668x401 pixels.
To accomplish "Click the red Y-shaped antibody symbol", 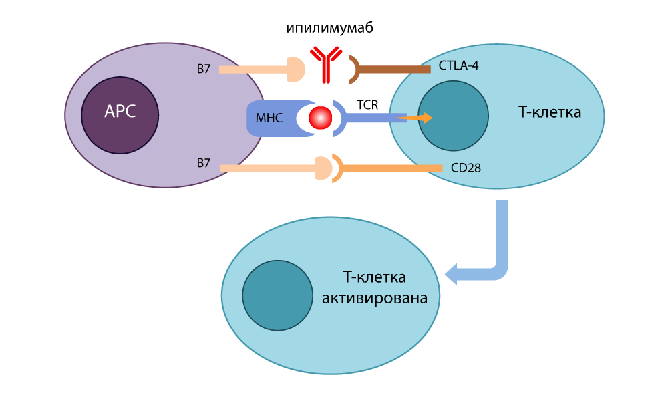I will [325, 64].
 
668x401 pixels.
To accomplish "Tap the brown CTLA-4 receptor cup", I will [355, 69].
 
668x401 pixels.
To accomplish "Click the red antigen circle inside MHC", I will [321, 118].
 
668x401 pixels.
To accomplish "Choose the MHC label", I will [269, 119].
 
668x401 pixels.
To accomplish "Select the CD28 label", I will [466, 168].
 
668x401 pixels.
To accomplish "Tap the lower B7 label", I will [204, 162].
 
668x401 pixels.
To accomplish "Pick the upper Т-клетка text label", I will [549, 112].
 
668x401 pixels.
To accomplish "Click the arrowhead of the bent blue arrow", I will [453, 273].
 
